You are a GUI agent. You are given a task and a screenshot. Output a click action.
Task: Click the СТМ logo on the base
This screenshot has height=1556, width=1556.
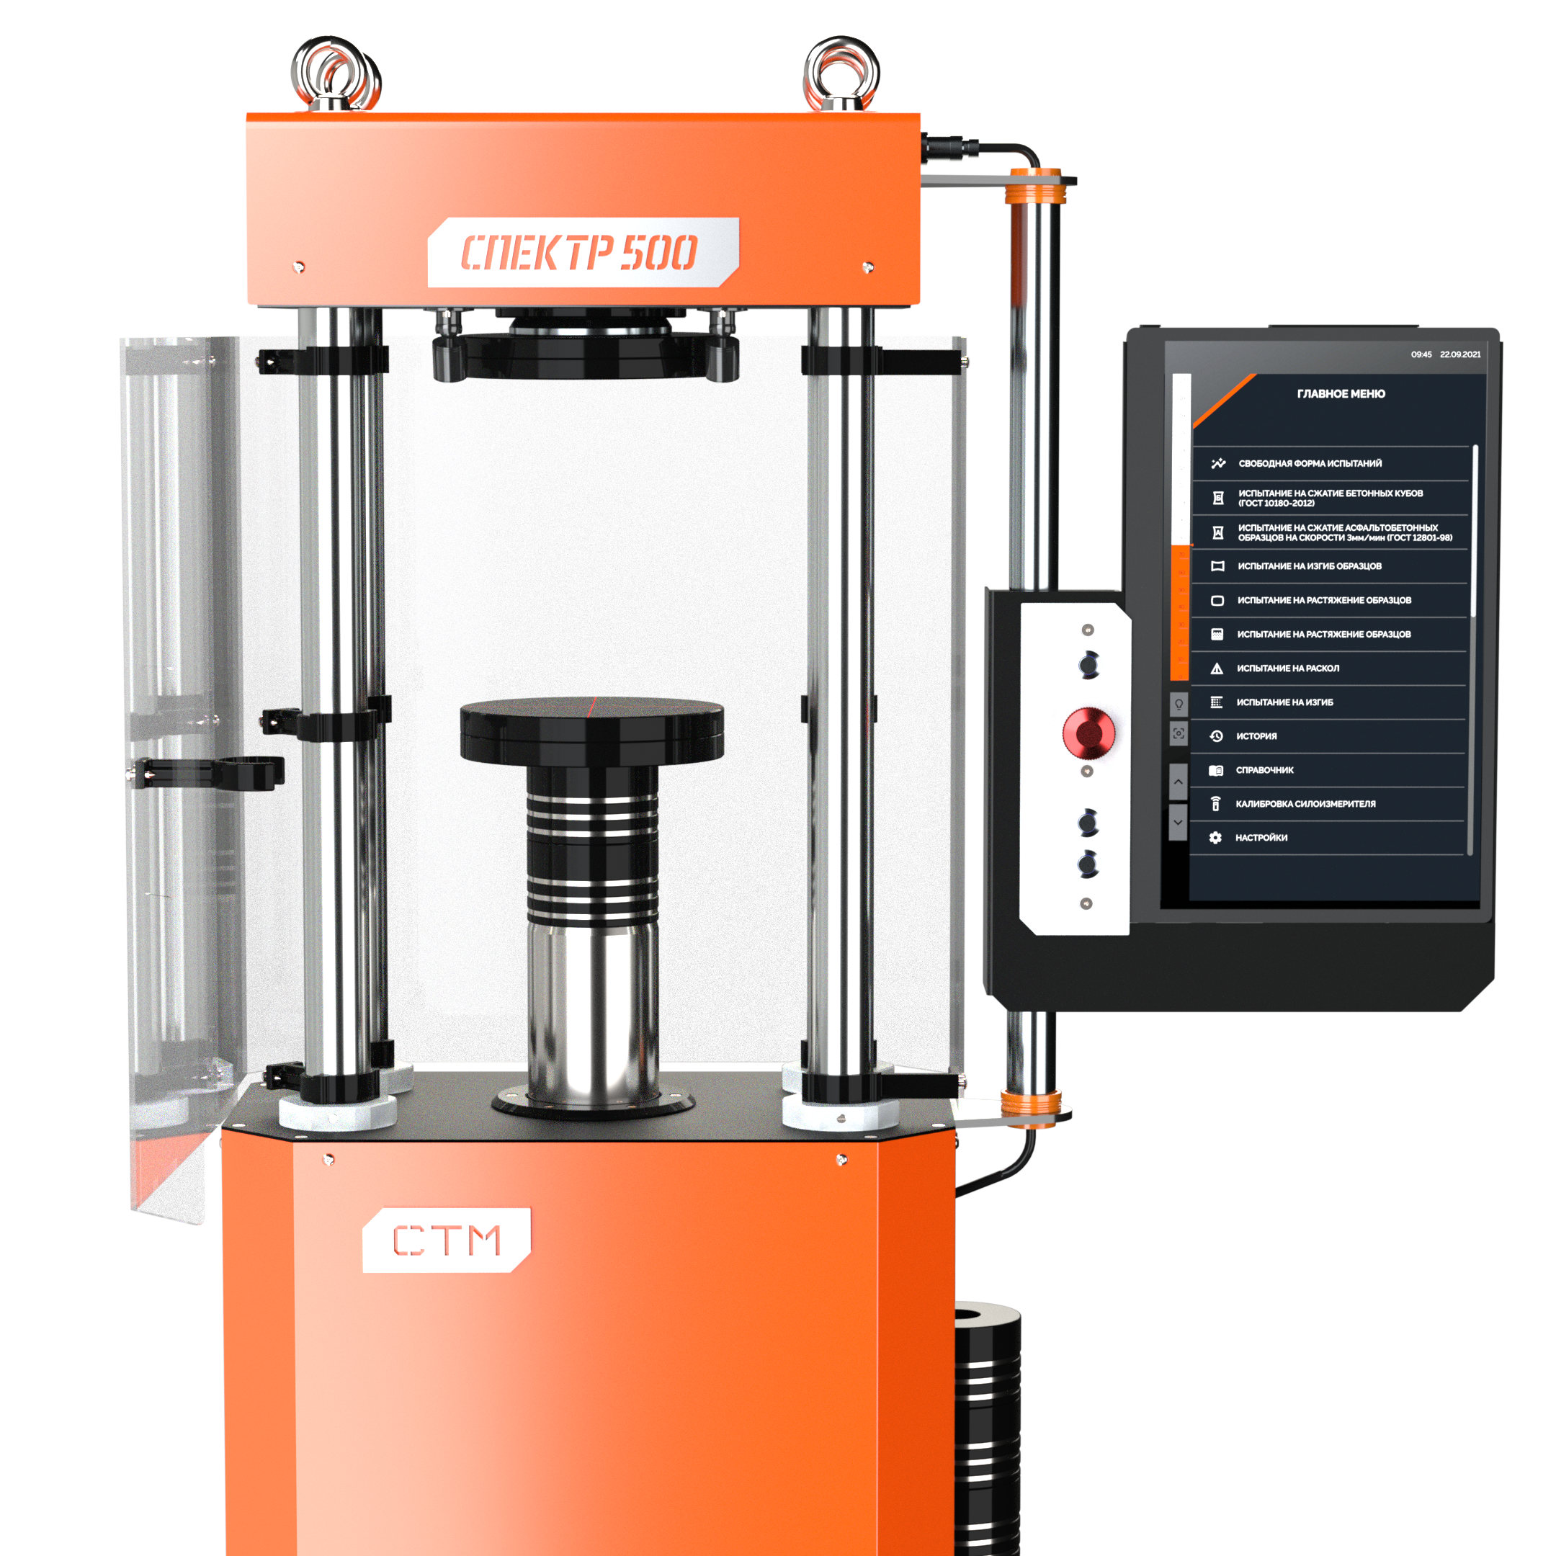coord(446,1240)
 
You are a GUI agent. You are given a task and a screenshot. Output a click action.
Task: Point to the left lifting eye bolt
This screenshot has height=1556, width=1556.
coord(335,73)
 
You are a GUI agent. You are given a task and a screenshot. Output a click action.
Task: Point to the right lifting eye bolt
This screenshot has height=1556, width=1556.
coord(841,73)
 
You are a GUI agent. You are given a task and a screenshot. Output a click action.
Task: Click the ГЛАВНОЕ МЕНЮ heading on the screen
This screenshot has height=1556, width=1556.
coord(1341,394)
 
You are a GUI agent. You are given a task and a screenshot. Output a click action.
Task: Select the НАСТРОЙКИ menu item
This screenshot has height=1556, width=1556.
coord(1261,838)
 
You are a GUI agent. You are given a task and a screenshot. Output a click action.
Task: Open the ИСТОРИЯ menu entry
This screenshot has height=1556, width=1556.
coord(1256,736)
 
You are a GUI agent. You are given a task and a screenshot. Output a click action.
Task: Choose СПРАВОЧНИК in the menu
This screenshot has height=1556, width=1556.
coord(1264,770)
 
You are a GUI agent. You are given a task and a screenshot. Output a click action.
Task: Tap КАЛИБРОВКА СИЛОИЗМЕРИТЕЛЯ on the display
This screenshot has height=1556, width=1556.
coord(1305,804)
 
